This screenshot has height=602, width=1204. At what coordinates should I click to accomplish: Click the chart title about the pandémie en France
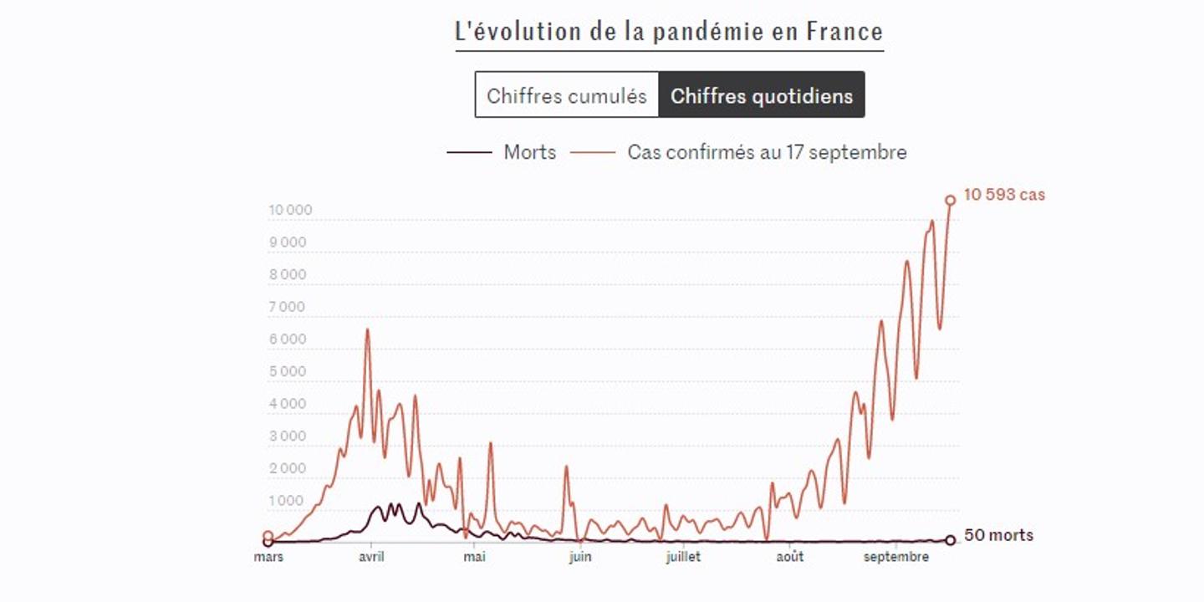coord(669,32)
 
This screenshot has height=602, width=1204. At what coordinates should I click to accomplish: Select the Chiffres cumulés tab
coord(567,95)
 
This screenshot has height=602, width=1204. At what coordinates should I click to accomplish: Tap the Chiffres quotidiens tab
coord(762,95)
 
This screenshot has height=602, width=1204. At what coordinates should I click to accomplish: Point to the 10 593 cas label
coord(1003,195)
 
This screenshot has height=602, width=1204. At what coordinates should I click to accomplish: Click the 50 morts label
coord(998,535)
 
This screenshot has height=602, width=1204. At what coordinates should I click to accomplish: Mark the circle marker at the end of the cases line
coord(951,200)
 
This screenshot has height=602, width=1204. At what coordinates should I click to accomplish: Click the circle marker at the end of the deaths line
coord(951,540)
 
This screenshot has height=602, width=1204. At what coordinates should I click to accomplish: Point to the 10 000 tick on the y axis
coord(290,210)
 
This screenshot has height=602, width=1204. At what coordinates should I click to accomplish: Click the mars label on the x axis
coord(268,557)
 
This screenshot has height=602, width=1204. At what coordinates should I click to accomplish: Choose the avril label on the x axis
coord(370,557)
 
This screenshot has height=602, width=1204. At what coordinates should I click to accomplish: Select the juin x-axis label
coord(579,557)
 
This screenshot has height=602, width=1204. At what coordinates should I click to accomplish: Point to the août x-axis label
coord(789,557)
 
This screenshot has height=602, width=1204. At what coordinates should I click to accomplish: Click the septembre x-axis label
coord(896,557)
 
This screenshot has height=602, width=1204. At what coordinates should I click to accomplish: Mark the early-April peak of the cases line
coord(367,329)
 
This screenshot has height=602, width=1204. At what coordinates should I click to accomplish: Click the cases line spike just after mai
coord(490,443)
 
